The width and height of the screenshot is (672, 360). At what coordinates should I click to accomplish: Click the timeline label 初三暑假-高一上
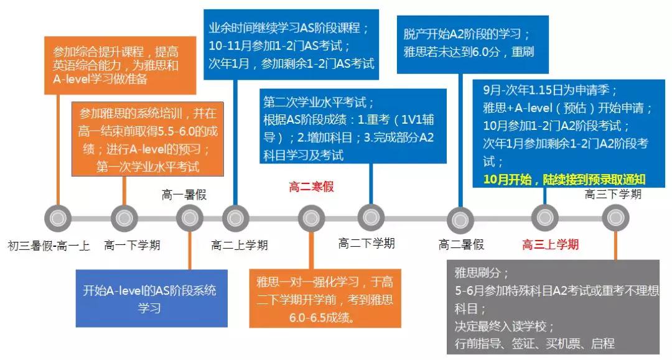point(49,246)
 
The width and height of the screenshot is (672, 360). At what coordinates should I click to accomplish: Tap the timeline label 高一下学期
point(132,245)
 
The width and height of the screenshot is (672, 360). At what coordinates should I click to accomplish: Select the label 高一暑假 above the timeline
point(184,195)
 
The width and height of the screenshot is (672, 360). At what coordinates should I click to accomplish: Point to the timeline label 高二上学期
point(240,245)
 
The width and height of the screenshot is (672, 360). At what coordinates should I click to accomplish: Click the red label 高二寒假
point(311,187)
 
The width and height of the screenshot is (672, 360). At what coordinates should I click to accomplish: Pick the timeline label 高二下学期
point(366,243)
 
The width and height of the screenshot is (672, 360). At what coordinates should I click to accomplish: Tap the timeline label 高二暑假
point(461,244)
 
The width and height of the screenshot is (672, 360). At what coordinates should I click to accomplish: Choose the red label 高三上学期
point(550,244)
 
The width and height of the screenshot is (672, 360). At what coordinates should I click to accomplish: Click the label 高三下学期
point(613,194)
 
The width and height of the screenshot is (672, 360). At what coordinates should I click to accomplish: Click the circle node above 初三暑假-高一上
point(58,218)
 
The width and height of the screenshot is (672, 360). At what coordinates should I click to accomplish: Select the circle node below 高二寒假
point(311,218)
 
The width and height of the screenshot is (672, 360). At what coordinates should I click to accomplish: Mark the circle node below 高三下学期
point(615,218)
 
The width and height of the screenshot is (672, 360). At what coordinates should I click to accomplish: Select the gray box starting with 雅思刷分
point(552,308)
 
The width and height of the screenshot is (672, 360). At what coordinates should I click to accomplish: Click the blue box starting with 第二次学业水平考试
point(353,127)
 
